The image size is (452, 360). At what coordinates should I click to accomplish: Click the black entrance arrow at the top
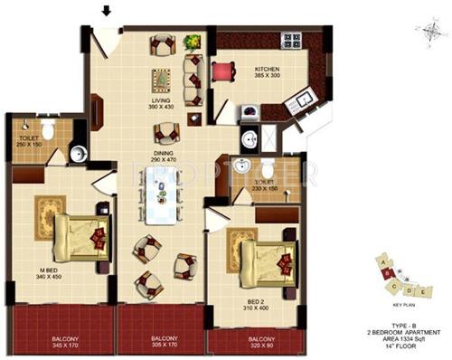(x=107, y=12)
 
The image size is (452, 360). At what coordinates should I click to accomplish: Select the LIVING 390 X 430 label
(x=160, y=102)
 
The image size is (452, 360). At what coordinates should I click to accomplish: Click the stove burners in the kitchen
(x=291, y=41)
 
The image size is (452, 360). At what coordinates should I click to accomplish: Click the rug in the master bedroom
(x=50, y=215)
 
